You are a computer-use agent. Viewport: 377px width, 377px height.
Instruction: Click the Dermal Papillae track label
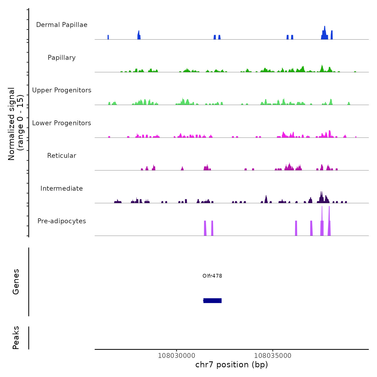coord(62,25)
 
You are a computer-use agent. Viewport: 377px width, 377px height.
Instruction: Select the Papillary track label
coord(62,58)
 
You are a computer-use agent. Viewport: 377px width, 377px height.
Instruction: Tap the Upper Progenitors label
coord(62,90)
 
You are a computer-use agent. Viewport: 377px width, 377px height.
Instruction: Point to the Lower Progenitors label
coord(62,123)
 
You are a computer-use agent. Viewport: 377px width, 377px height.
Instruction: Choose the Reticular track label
coord(62,156)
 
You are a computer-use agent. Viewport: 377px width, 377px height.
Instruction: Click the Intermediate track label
coord(62,188)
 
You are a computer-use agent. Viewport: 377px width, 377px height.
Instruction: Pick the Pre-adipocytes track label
coord(62,221)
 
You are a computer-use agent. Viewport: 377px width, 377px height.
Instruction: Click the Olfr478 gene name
coord(212,276)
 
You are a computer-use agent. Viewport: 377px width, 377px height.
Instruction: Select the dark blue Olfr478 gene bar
coord(212,301)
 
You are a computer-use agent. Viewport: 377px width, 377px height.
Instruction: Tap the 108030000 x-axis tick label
coord(176,355)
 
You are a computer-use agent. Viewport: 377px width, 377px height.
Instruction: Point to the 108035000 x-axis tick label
coord(273,355)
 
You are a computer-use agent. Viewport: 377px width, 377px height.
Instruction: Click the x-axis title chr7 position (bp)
coord(232,365)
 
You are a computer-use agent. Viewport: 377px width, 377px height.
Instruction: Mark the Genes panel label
coord(16,282)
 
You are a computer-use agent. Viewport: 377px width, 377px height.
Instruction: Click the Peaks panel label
coord(16,338)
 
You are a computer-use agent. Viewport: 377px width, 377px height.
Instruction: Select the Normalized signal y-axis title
coord(16,124)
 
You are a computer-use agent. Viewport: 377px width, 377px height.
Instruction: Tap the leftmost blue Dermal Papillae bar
coord(108,37)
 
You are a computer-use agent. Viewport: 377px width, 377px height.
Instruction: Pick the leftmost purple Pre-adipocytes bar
coord(205,228)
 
